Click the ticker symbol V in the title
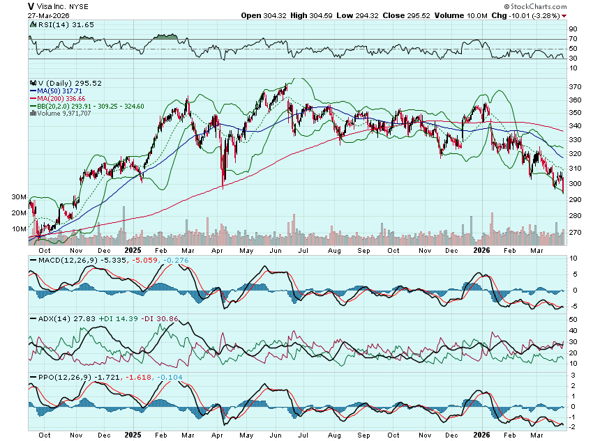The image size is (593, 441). [32, 6]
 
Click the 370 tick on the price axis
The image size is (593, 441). [576, 87]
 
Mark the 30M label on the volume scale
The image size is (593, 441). [19, 197]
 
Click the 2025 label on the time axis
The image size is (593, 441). [133, 249]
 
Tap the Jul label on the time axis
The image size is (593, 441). [304, 249]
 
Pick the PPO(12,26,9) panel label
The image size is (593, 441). [59, 377]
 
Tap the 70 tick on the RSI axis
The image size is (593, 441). [573, 39]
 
